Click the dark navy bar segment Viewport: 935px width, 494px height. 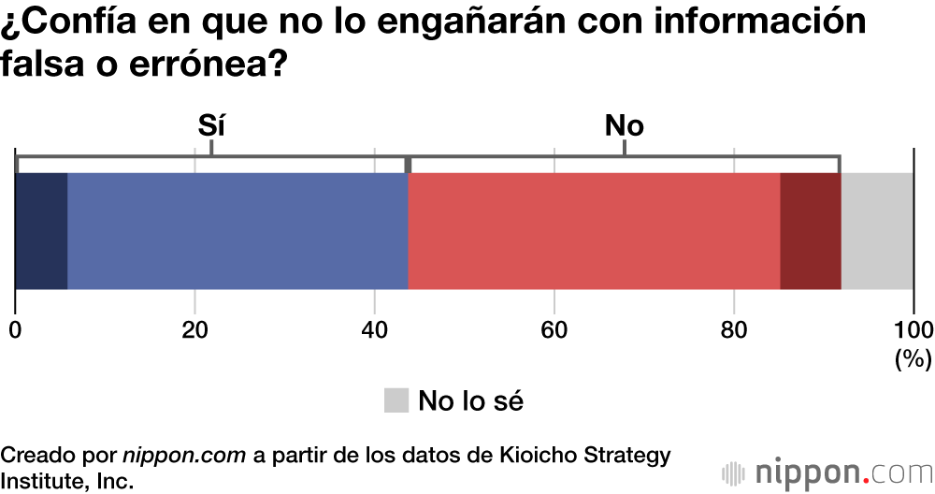(x=42, y=231)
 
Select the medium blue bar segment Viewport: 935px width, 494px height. (x=237, y=231)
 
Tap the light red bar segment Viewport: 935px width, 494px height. (x=594, y=231)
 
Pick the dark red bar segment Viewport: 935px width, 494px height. (x=810, y=231)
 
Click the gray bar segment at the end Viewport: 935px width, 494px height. (x=877, y=231)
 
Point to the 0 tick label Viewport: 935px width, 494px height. (x=16, y=329)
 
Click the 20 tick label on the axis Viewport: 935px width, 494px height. (x=194, y=329)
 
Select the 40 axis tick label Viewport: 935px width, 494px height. (x=374, y=329)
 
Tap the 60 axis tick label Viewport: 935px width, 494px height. (x=554, y=329)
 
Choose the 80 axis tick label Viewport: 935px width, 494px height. (x=734, y=329)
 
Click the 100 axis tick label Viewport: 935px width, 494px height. (x=913, y=329)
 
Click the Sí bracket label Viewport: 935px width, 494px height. (x=212, y=125)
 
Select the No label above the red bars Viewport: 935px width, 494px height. (x=625, y=125)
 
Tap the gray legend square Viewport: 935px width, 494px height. (x=396, y=400)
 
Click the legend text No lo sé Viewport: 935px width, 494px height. (x=470, y=400)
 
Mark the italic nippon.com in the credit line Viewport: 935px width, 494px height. (x=184, y=456)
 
